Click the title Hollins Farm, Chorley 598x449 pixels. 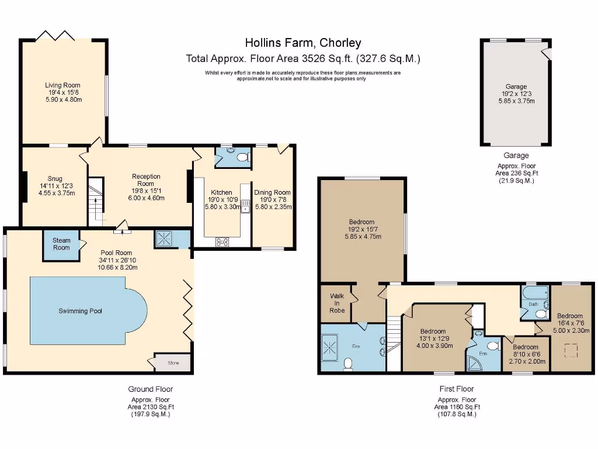(x=303, y=43)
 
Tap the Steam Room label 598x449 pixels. (x=61, y=244)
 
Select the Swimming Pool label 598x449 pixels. (x=80, y=311)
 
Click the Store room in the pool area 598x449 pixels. (x=173, y=363)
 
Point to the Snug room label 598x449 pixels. (x=55, y=179)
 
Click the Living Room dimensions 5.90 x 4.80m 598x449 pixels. (x=63, y=99)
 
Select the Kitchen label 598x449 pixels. (x=221, y=192)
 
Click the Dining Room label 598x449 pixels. (x=272, y=192)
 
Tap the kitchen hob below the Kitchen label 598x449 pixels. (x=222, y=242)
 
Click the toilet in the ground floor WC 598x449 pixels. (x=243, y=157)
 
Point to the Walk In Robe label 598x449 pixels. (x=337, y=303)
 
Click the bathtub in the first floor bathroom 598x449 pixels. (x=534, y=292)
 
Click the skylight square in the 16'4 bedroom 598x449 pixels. (x=572, y=351)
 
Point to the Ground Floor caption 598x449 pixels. (x=150, y=389)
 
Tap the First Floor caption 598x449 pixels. (x=457, y=389)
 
